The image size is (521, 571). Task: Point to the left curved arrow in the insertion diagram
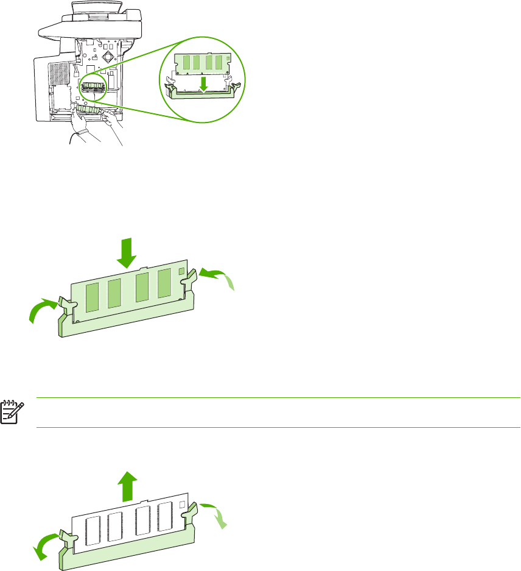point(43,310)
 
